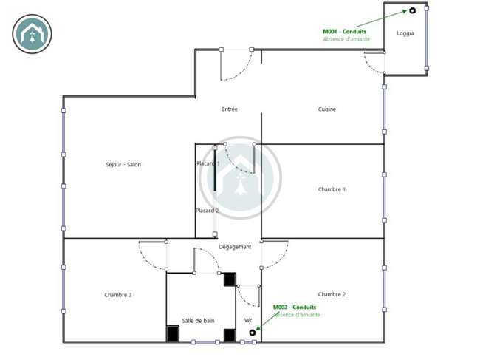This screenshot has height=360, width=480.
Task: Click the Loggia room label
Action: click(x=405, y=33)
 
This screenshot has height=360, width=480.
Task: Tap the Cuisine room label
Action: click(x=327, y=109)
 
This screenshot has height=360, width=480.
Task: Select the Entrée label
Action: click(x=230, y=109)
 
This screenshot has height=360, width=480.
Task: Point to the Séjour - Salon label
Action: click(x=123, y=165)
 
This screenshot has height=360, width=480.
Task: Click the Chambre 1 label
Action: click(x=332, y=189)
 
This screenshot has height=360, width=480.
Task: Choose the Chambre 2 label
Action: click(x=332, y=294)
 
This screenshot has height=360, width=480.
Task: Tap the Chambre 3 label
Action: click(x=118, y=295)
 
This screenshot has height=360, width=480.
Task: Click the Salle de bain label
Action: click(x=198, y=321)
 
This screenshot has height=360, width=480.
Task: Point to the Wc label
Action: click(x=248, y=321)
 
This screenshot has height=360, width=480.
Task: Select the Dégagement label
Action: click(x=235, y=247)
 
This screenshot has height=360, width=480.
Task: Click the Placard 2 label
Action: click(x=208, y=211)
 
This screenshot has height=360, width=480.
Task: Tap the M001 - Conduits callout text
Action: click(x=344, y=32)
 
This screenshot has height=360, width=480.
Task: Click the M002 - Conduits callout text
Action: click(x=295, y=307)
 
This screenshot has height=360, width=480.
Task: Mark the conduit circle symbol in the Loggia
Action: click(x=412, y=11)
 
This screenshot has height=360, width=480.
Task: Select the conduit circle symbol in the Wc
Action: click(x=253, y=333)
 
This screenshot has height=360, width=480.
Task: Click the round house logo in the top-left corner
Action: click(x=32, y=34)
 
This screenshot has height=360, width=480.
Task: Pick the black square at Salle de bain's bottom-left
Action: click(x=173, y=333)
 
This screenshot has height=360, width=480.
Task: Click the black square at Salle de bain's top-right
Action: click(x=230, y=279)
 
